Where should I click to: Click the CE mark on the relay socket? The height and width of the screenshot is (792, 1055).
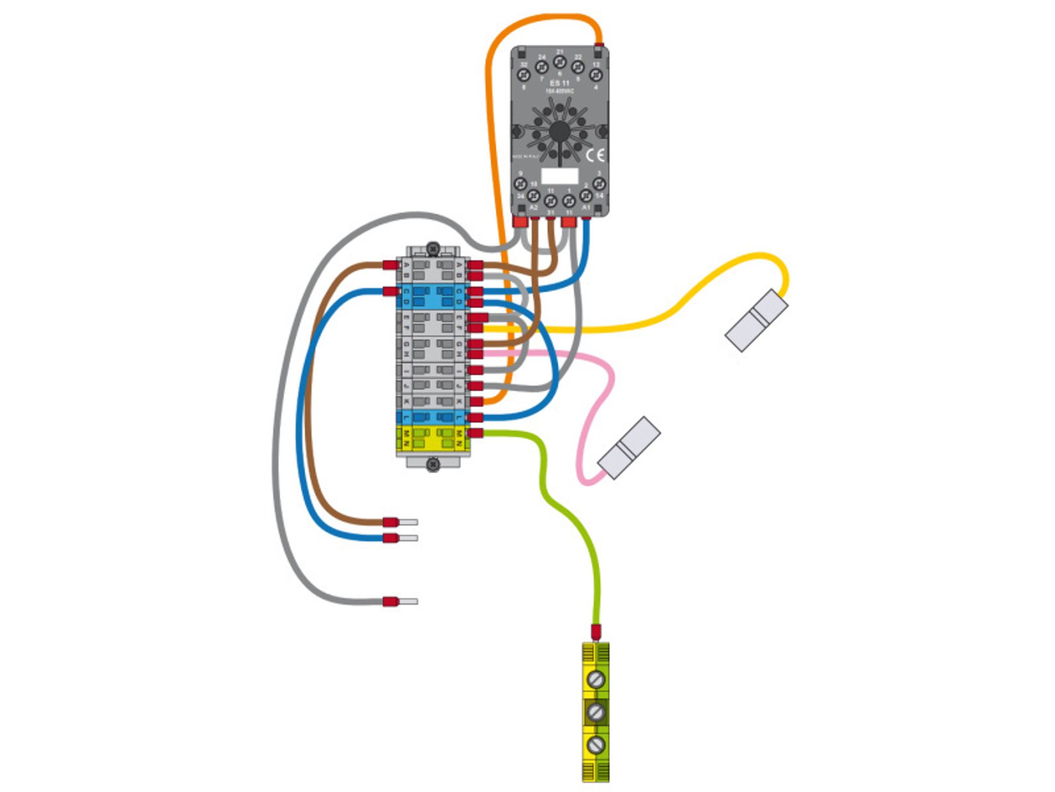tap(595, 155)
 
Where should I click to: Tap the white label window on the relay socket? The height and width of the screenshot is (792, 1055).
tap(559, 176)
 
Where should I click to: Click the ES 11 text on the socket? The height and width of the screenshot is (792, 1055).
tap(559, 83)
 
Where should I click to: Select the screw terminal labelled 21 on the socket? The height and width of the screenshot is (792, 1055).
tap(559, 62)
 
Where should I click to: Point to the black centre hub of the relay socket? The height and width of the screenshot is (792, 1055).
tap(559, 131)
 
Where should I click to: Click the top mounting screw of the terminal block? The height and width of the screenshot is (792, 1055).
tap(433, 248)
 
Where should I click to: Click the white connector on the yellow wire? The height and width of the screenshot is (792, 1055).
tap(756, 320)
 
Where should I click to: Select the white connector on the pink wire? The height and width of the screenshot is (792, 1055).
tap(629, 447)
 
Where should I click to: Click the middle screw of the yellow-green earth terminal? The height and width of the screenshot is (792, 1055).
tap(595, 711)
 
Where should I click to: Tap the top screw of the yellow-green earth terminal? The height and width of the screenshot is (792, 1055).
tap(595, 678)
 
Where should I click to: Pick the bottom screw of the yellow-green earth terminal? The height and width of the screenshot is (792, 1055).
tap(595, 744)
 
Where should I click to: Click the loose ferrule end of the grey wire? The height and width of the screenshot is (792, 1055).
tap(400, 601)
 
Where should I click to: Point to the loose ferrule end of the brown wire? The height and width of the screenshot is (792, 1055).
tap(400, 522)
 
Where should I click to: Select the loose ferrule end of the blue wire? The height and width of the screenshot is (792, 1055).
tap(400, 538)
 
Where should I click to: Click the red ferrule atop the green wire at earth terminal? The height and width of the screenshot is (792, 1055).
tap(595, 631)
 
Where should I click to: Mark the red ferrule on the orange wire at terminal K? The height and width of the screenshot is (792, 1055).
tap(475, 401)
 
